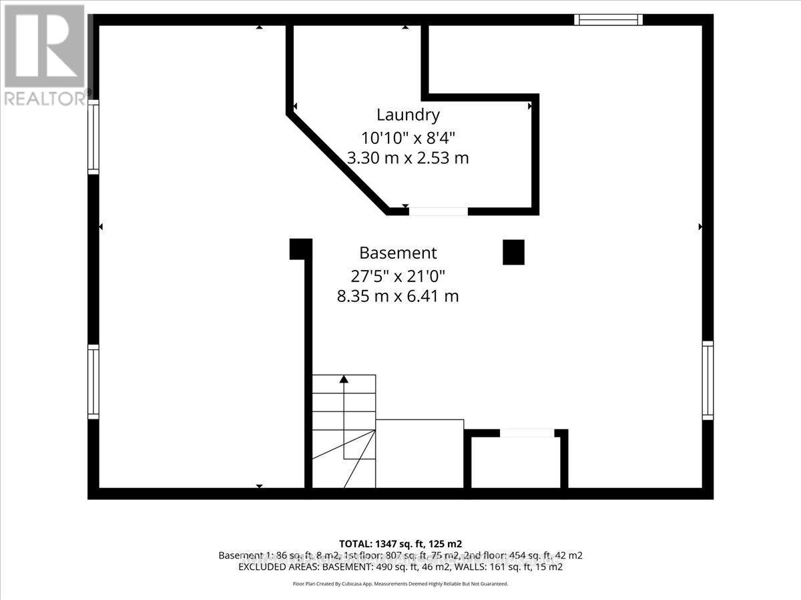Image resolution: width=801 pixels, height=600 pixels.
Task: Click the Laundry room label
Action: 408,115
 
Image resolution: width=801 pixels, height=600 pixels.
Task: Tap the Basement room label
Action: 398,253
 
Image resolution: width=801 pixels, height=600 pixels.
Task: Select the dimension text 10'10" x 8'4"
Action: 408,137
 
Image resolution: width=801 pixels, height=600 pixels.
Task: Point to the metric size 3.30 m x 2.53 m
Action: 408,158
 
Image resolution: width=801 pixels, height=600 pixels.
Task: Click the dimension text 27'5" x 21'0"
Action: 398,275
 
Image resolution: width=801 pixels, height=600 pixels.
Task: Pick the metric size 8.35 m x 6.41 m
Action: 398,296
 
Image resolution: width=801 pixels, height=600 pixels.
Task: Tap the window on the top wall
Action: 608,20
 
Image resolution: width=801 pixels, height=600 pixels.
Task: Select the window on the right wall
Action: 707,380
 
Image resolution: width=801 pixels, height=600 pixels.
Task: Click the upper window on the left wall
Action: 93,137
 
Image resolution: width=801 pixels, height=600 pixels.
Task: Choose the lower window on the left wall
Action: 93,382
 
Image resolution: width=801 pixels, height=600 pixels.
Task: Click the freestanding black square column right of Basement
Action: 513,253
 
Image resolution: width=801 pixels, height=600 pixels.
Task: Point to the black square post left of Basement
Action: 300,249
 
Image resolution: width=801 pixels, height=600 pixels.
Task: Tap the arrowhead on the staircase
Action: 344,379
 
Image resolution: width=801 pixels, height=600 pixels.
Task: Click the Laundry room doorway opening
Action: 438,211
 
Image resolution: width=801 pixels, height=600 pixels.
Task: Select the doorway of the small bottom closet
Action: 527,433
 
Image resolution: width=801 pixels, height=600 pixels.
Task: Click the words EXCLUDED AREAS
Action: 264,567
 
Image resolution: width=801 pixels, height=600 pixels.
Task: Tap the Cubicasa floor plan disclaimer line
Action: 400,583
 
